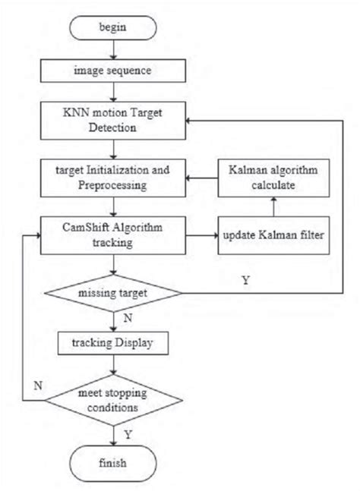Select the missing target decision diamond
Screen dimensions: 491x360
coord(113,292)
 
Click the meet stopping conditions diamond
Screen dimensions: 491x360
coord(113,401)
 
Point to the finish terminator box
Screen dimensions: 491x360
coord(113,461)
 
